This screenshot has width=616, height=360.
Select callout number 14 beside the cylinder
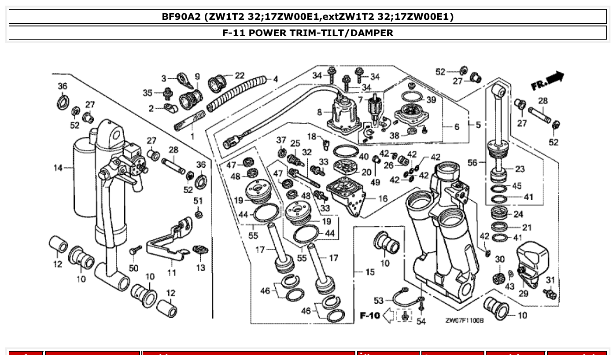coord(58,167)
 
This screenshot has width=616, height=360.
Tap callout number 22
coord(240,76)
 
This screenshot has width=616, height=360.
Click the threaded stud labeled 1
coord(190,121)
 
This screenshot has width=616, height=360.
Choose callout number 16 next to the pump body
coord(383,198)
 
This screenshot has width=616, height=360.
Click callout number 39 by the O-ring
coord(431,100)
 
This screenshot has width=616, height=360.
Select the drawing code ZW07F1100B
coord(464,321)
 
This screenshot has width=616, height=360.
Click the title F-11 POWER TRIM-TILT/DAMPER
coord(308,33)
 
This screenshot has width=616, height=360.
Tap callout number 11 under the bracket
coord(172,273)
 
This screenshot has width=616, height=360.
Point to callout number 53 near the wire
coord(379,301)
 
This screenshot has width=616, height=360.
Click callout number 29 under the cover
coord(523,294)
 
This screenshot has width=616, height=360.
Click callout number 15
coord(370,272)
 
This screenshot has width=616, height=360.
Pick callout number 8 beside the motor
coord(320,113)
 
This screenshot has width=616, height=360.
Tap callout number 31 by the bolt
coord(550,280)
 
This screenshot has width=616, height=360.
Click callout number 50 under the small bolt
coord(133,268)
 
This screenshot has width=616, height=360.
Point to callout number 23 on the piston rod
coord(520,169)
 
